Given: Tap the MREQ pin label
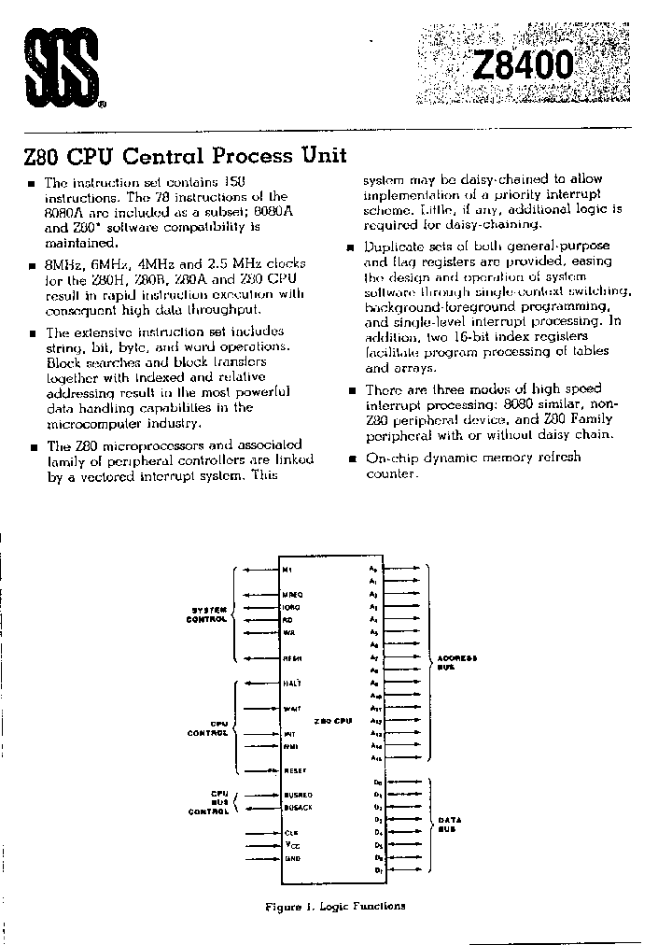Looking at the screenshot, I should point(292,594).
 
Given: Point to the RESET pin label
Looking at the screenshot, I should point(294,770).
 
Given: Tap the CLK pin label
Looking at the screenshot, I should point(290,831).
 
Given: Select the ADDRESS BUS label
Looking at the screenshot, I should point(456,663).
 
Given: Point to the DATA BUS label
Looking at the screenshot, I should point(450,825).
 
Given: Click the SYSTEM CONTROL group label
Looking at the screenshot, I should point(206,614).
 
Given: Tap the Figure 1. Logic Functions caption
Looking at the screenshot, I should point(335,906).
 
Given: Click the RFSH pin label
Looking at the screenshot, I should point(291,658).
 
